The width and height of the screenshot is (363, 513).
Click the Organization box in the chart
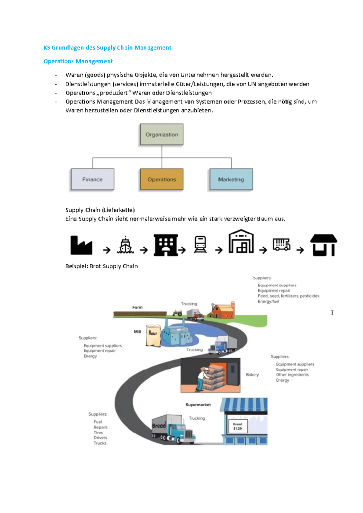162,134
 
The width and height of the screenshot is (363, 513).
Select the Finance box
92,179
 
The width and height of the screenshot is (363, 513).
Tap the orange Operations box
162,179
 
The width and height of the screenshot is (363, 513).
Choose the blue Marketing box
231,179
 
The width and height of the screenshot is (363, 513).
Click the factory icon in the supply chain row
81,245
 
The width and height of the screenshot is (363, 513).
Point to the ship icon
125,245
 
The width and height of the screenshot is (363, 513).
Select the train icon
200,244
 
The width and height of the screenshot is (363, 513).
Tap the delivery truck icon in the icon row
281,244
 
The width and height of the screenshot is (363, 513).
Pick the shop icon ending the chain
323,245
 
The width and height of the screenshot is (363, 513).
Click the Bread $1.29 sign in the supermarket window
238,426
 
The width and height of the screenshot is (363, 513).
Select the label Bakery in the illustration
252,375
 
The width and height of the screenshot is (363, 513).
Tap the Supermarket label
198,405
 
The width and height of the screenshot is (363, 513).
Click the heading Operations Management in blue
78,61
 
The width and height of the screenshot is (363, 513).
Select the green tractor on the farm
177,313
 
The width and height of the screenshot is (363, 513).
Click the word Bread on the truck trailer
159,425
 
